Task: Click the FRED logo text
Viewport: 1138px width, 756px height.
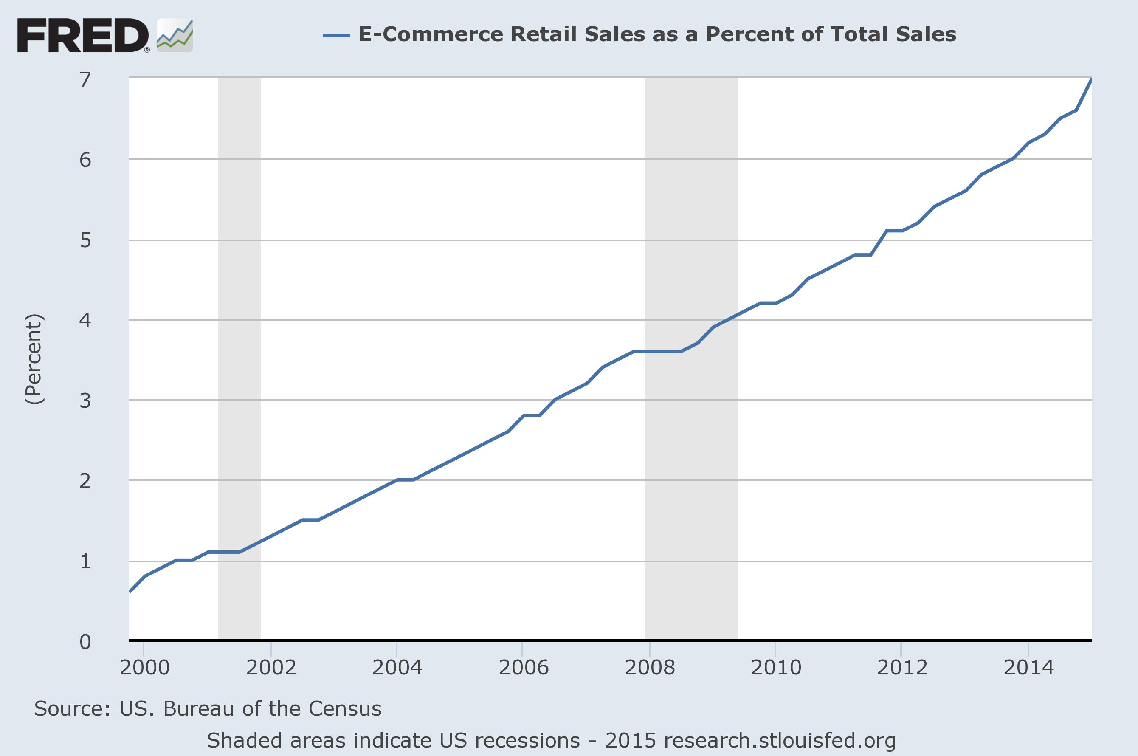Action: click(x=82, y=36)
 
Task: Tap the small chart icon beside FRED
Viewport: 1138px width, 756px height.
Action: click(x=175, y=36)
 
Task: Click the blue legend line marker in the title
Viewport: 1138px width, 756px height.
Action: click(x=336, y=35)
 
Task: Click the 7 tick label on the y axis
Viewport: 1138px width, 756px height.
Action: click(x=85, y=79)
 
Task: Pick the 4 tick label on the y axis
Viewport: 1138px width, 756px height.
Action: click(x=85, y=320)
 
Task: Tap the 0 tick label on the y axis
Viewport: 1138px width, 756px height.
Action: click(x=85, y=642)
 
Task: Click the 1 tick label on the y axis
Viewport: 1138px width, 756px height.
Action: click(x=85, y=561)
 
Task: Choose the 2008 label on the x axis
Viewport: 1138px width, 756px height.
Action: click(x=649, y=668)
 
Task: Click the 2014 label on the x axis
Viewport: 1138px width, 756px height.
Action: click(x=1028, y=668)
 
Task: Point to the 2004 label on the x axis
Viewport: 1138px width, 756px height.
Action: click(x=397, y=668)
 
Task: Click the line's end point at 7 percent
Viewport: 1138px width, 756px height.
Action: click(x=1091, y=79)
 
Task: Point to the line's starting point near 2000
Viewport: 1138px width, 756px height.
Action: click(x=130, y=591)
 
